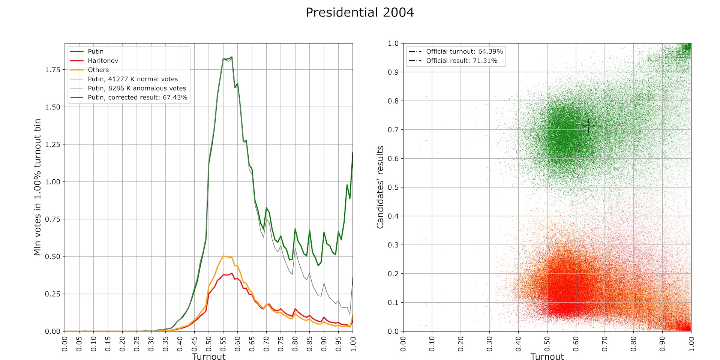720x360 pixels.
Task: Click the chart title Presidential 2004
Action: (x=360, y=12)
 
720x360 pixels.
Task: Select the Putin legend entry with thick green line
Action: (x=96, y=51)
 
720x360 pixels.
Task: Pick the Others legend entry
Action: (x=98, y=70)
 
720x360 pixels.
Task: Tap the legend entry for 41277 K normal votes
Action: (x=133, y=79)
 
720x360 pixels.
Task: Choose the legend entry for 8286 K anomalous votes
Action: (x=137, y=88)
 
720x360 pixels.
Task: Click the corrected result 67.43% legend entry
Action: (x=137, y=97)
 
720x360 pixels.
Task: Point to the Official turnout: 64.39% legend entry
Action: (x=464, y=51)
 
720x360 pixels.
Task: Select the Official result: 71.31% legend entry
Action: (x=462, y=61)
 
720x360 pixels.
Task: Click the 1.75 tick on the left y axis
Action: (x=52, y=70)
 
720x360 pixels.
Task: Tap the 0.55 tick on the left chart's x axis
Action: (x=223, y=343)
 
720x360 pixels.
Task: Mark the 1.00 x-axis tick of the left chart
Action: (x=352, y=343)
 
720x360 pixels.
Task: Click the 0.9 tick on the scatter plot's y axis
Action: (x=393, y=72)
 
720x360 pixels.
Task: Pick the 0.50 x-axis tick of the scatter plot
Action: (x=547, y=343)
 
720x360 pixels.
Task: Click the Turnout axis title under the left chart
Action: (x=208, y=356)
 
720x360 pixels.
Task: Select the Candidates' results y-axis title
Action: (x=380, y=187)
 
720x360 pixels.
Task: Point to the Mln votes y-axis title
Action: (x=37, y=187)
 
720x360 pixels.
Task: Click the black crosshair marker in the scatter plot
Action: (x=588, y=126)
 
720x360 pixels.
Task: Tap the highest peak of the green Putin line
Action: (x=232, y=57)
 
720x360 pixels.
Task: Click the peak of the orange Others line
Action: (x=223, y=256)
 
